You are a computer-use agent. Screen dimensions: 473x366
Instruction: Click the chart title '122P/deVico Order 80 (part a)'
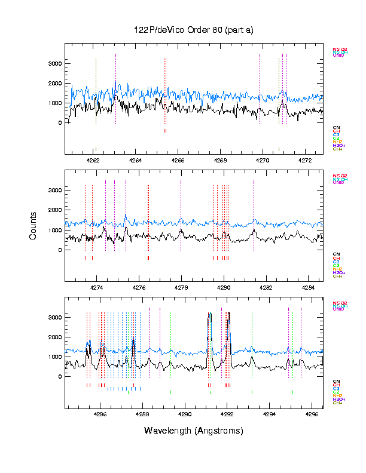tap(194, 30)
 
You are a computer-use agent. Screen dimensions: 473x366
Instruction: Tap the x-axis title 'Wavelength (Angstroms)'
tap(194, 431)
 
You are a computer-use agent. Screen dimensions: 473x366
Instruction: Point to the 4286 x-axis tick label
tap(100, 414)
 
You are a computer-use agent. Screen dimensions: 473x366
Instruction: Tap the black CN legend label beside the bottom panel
tap(335, 381)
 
